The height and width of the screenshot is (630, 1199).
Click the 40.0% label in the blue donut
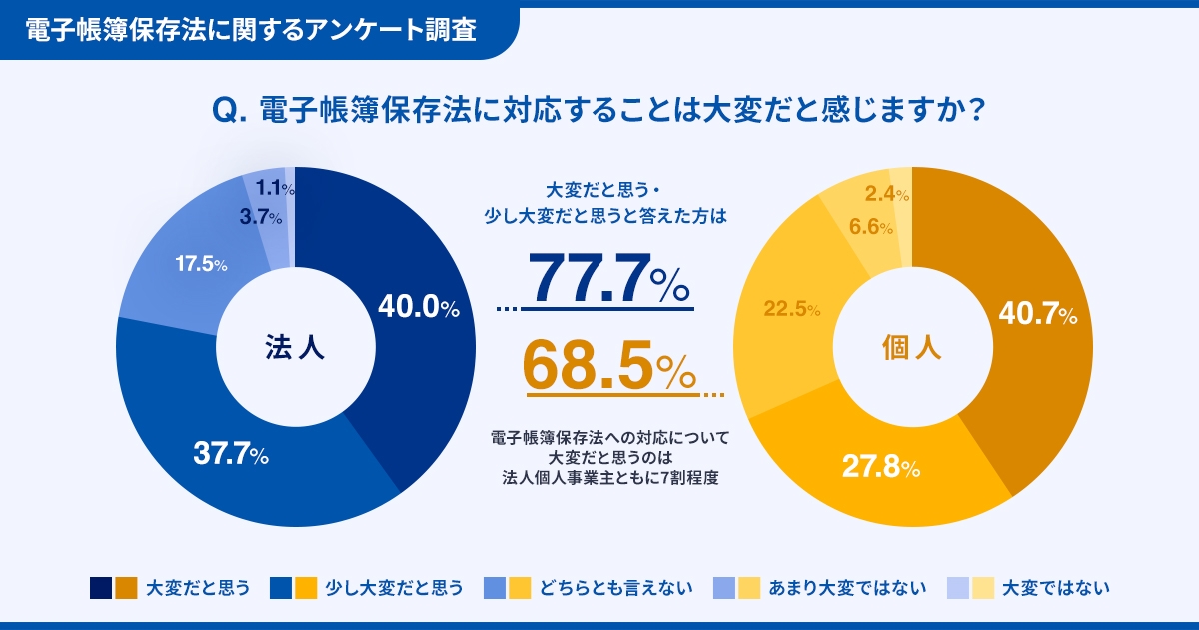tap(418, 308)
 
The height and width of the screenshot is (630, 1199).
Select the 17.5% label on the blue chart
tap(201, 265)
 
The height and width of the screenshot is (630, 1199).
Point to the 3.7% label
tap(260, 217)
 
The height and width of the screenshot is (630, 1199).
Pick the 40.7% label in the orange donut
tap(1037, 315)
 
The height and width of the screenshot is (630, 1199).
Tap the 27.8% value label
tap(880, 466)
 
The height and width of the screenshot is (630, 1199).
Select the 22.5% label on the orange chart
tap(792, 309)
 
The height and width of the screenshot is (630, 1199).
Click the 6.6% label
tap(871, 227)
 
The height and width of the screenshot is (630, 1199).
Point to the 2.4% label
tap(886, 194)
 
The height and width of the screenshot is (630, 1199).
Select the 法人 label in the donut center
tap(296, 347)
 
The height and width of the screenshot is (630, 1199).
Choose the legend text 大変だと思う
tap(197, 587)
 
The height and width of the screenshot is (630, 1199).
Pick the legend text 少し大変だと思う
tap(394, 587)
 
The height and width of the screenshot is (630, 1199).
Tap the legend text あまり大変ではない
tap(847, 587)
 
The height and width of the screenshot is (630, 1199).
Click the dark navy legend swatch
tap(100, 587)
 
